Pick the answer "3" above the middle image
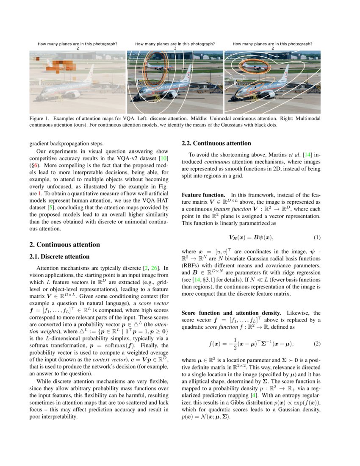[175, 48]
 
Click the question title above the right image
[272, 44]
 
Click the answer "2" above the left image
[78, 48]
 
